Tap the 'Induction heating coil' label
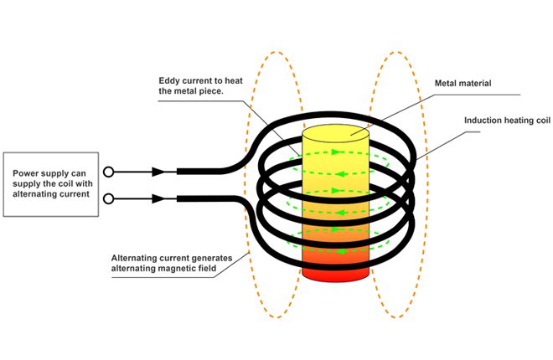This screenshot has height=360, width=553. (x=507, y=120)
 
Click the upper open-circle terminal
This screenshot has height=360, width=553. (x=109, y=172)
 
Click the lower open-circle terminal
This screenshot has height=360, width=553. (x=109, y=199)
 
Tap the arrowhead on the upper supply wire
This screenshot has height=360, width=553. (x=158, y=172)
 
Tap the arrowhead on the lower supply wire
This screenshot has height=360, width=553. (x=158, y=199)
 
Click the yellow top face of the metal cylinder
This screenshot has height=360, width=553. (x=335, y=132)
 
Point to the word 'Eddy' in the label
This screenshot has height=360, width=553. (x=171, y=81)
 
